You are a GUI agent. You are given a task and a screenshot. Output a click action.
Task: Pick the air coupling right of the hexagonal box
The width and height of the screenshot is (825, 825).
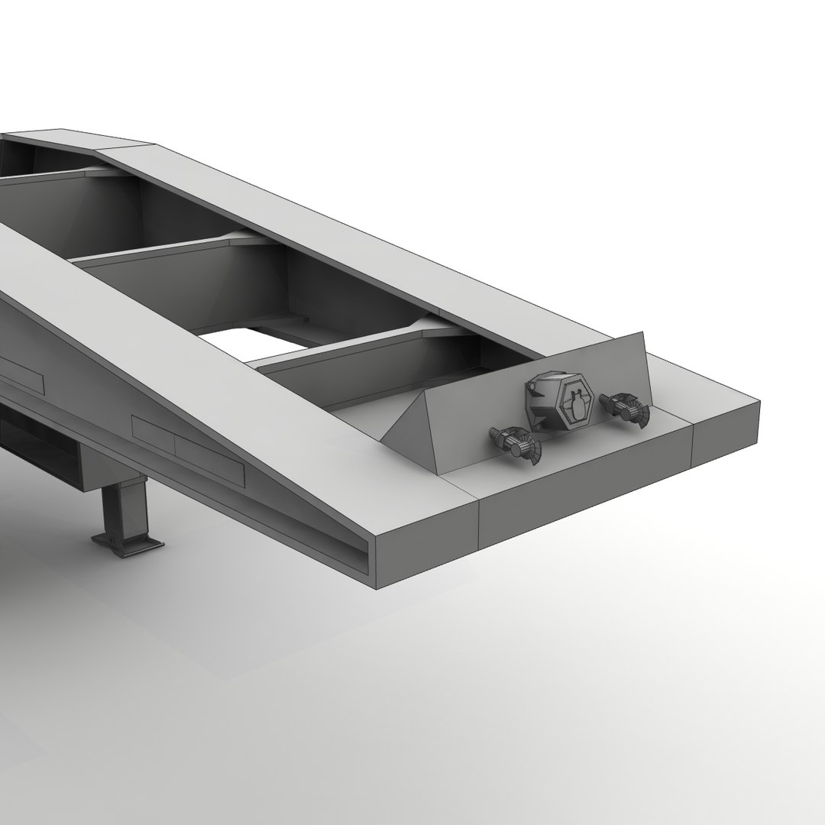tap(625, 407)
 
